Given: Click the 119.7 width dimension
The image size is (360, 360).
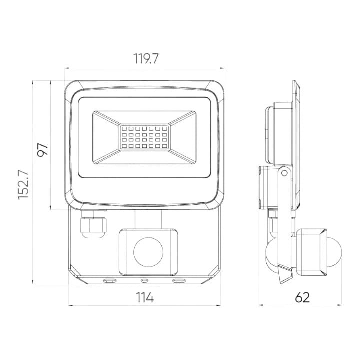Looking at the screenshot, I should [145, 59].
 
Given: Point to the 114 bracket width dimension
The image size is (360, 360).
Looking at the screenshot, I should [145, 297].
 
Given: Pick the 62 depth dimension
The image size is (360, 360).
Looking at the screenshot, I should [302, 297].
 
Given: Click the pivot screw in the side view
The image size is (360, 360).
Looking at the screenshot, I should [284, 172].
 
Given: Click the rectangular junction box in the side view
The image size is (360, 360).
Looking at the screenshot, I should [266, 188].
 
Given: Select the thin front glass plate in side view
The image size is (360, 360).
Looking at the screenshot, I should [296, 145].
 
